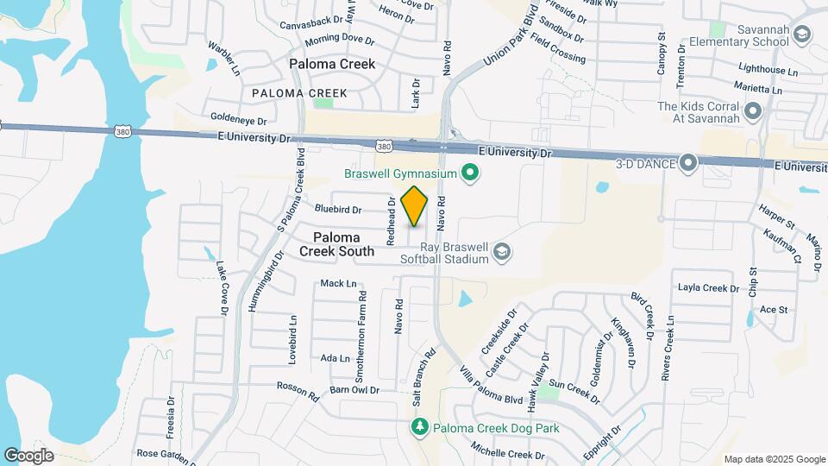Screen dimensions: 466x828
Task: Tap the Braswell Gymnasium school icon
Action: pyautogui.click(x=470, y=174)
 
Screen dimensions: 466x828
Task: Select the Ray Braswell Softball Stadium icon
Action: pyautogui.click(x=502, y=251)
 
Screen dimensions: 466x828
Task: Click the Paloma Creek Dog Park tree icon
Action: pyautogui.click(x=420, y=427)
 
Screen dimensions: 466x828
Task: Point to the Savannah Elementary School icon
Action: pyautogui.click(x=803, y=35)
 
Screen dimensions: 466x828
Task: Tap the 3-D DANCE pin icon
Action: pyautogui.click(x=688, y=162)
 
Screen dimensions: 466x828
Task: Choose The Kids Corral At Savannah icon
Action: pyautogui.click(x=753, y=111)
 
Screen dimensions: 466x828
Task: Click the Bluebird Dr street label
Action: pyautogui.click(x=337, y=210)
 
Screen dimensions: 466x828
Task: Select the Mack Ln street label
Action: pyautogui.click(x=337, y=283)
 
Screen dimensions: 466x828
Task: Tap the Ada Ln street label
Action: pyautogui.click(x=335, y=358)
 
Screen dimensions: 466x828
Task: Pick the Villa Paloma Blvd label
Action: pyautogui.click(x=491, y=386)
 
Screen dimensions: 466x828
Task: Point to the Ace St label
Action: pyautogui.click(x=774, y=309)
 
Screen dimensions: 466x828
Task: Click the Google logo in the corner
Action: pyautogui.click(x=28, y=456)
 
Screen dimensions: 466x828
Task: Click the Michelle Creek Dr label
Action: pyautogui.click(x=508, y=450)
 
